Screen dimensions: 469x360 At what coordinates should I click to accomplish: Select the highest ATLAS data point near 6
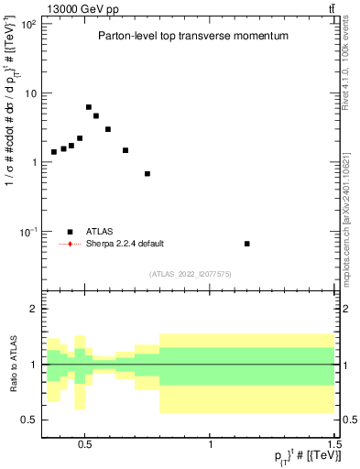click(x=89, y=107)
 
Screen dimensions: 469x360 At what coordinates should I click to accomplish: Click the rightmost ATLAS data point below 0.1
click(x=247, y=244)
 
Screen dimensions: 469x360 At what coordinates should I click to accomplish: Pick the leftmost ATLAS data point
click(x=54, y=152)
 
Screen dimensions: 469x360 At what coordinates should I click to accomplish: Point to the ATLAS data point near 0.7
click(x=147, y=173)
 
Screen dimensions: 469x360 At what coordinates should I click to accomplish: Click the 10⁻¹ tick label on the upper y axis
click(x=25, y=232)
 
